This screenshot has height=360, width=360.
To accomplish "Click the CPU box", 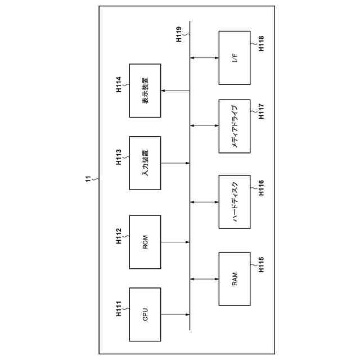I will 145,314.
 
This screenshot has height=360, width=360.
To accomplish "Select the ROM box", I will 145,242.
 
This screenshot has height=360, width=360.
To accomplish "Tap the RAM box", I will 234,278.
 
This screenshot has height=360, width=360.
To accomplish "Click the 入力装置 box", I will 145,163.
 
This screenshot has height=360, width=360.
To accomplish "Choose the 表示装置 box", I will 145,91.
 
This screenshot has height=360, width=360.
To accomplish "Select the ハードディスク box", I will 234,201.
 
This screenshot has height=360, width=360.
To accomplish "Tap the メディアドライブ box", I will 234,125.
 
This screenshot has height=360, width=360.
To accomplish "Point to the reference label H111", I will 119,309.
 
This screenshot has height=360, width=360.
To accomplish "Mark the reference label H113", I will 119,158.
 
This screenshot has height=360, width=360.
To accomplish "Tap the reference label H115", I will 262,265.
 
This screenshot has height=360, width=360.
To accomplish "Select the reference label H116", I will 262,188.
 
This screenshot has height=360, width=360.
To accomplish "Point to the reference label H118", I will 262,44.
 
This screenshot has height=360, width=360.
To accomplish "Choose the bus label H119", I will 179,34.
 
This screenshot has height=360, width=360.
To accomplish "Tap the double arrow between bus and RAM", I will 204,278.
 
